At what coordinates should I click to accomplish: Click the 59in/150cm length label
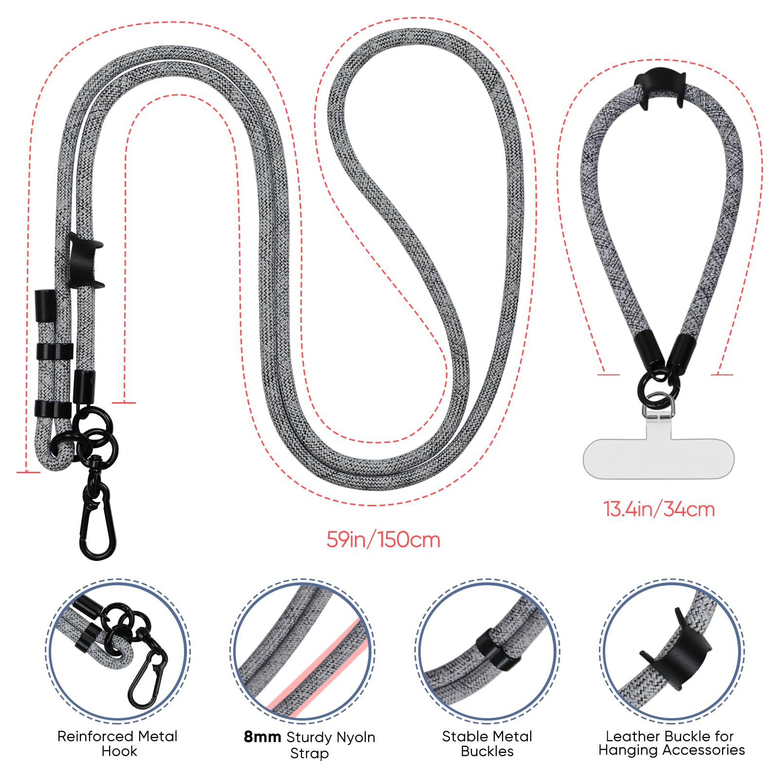pyautogui.click(x=383, y=540)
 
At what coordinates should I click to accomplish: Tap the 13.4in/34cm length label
pyautogui.click(x=659, y=509)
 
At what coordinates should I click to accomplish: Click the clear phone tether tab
pyautogui.click(x=658, y=458)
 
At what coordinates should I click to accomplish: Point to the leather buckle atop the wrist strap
pyautogui.click(x=660, y=88)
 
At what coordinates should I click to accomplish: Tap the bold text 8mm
pyautogui.click(x=262, y=737)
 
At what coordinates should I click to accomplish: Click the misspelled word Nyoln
pyautogui.click(x=354, y=738)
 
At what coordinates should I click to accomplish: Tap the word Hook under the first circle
pyautogui.click(x=119, y=751)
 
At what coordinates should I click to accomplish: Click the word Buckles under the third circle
pyautogui.click(x=487, y=751)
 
